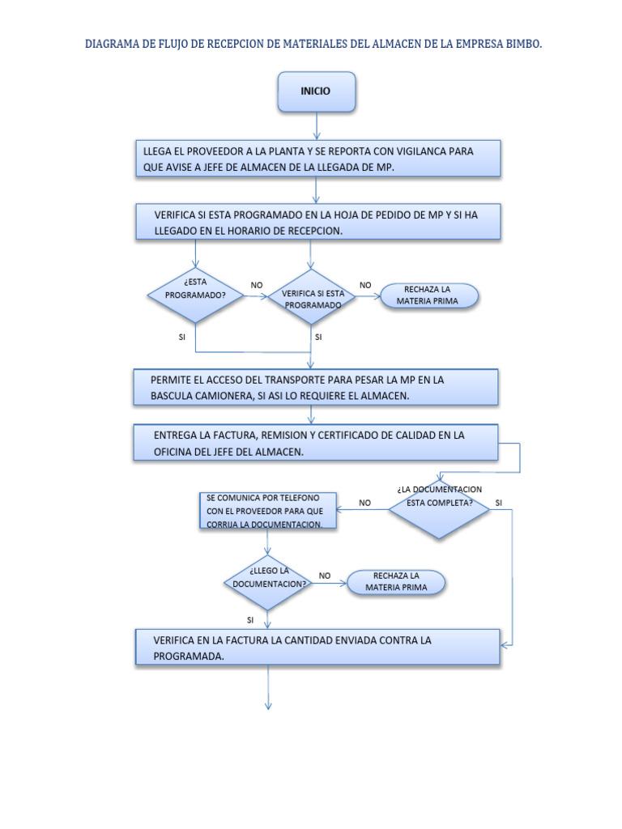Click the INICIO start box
click(316, 91)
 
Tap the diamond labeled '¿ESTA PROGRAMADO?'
click(195, 295)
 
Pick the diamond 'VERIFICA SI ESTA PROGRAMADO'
click(312, 299)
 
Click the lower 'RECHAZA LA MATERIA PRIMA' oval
click(397, 581)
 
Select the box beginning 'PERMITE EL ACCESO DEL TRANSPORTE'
click(316, 387)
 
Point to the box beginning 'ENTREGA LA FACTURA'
click(316, 443)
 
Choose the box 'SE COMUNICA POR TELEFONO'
click(266, 511)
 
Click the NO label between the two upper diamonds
click(257, 285)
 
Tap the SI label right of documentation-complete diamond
click(498, 503)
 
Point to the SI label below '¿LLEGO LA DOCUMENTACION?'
click(250, 619)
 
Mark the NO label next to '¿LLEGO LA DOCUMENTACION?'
click(325, 576)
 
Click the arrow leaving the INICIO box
click(316, 125)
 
